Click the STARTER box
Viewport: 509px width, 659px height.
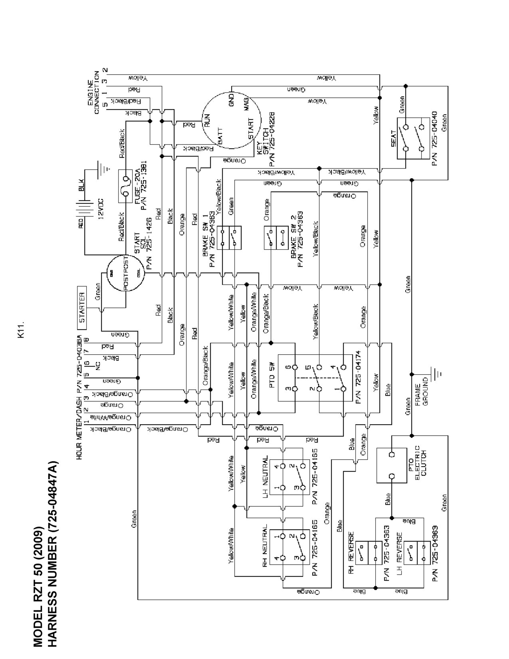pos(81,308)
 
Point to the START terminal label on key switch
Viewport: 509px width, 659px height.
pos(251,128)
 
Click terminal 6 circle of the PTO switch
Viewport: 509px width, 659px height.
pos(295,366)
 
